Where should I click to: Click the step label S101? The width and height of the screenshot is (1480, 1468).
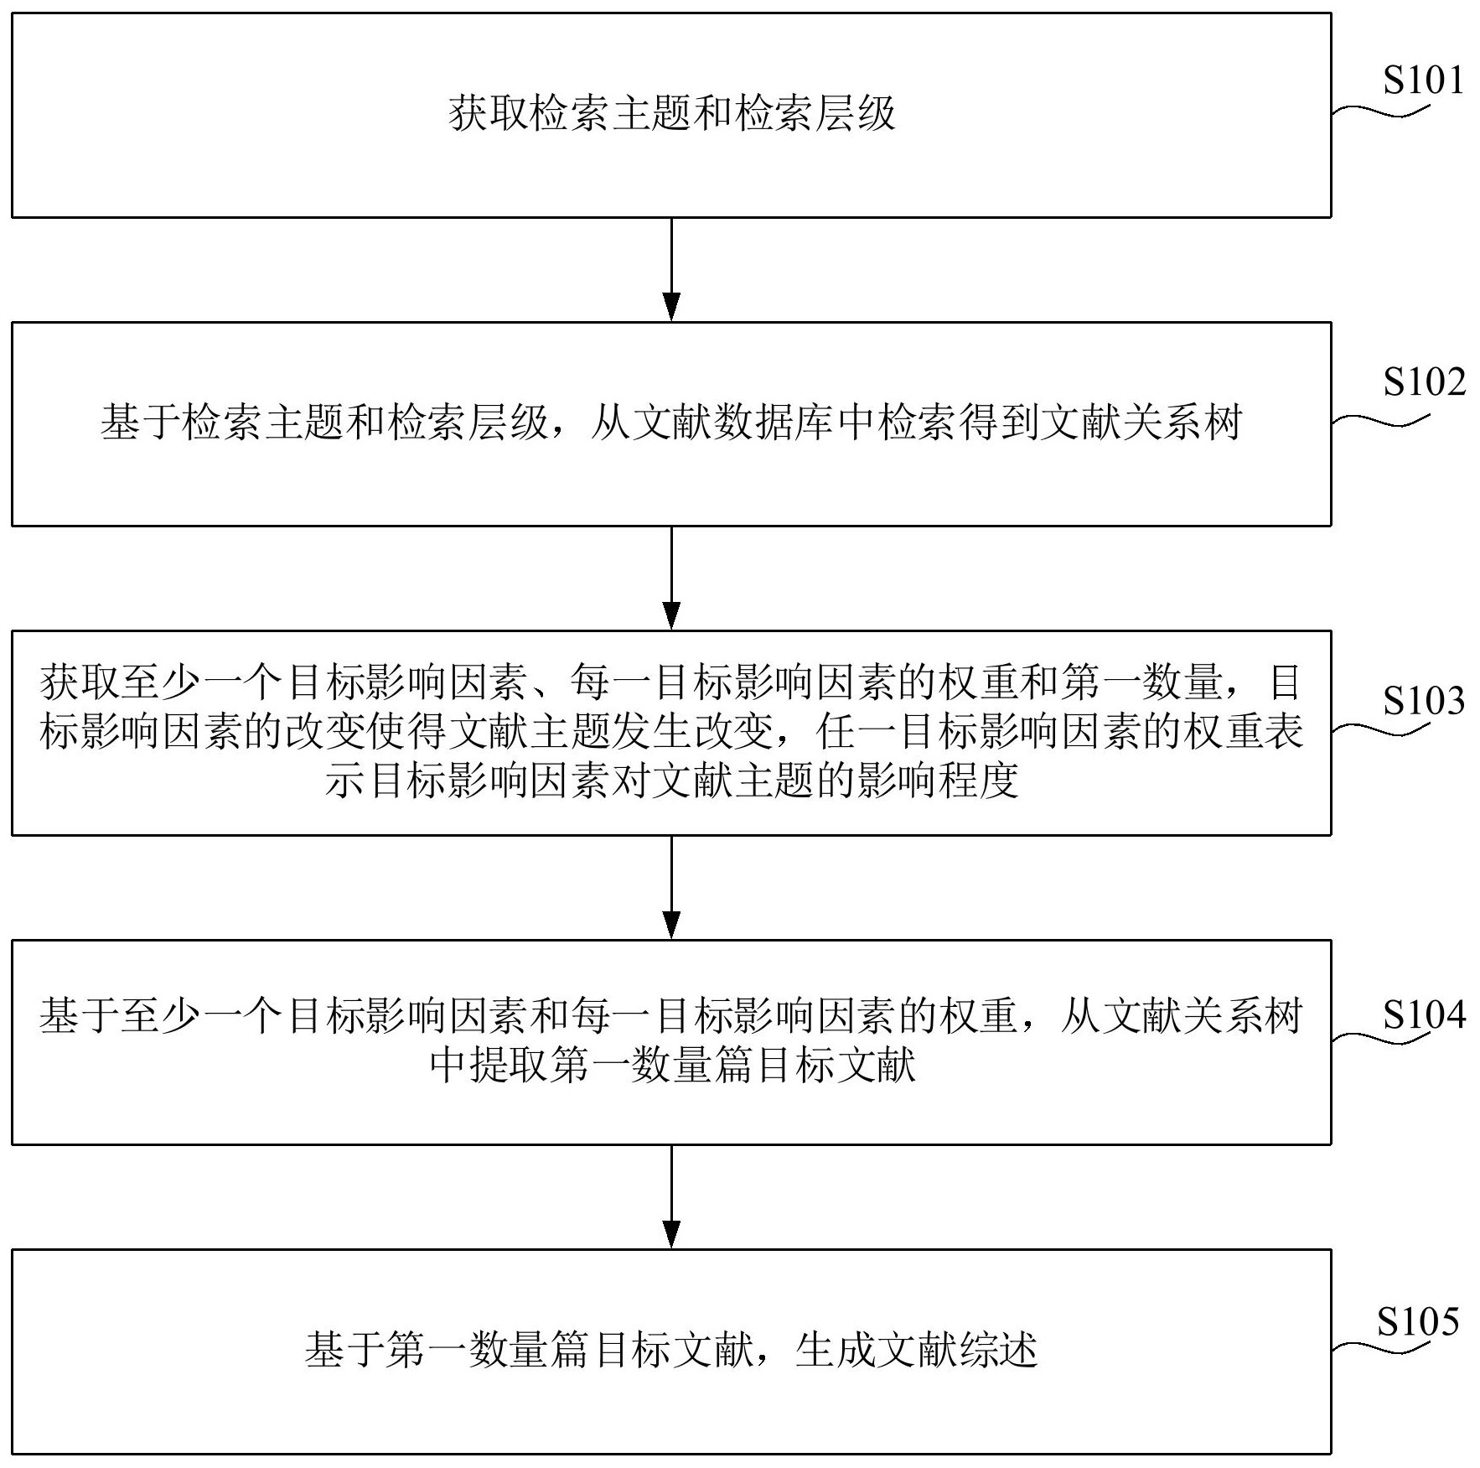(x=1422, y=80)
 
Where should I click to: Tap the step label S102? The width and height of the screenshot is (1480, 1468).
(x=1424, y=382)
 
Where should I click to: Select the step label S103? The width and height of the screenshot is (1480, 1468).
(x=1424, y=701)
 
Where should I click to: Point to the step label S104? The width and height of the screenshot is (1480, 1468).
(x=1424, y=1015)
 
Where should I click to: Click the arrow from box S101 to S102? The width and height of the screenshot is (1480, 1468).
(x=671, y=269)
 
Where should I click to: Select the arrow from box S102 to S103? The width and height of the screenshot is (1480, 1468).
(x=671, y=578)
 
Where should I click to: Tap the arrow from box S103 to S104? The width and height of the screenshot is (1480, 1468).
(x=671, y=887)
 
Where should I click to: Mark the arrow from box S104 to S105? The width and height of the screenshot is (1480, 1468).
(x=671, y=1196)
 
